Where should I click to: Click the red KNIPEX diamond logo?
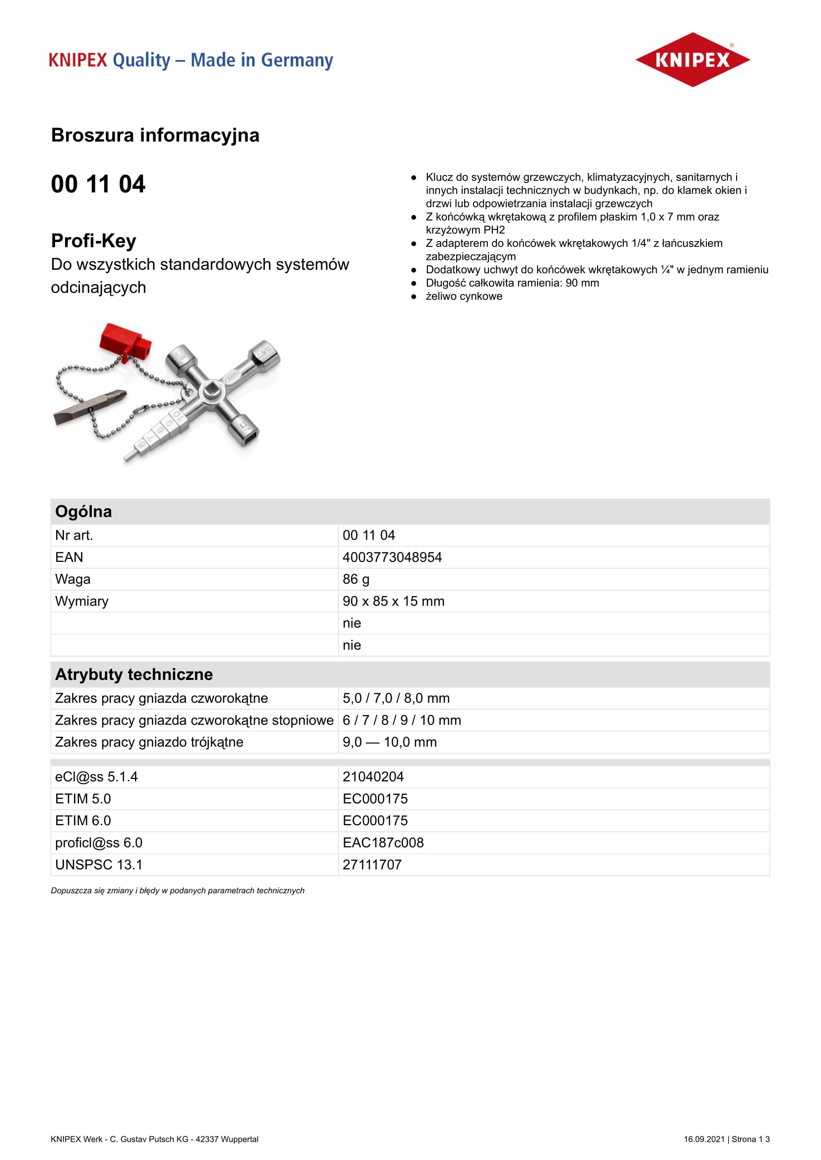tap(692, 60)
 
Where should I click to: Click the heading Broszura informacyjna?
tap(155, 135)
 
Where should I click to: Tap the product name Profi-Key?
tap(93, 241)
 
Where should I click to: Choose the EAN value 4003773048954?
tap(392, 557)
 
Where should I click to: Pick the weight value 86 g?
tap(356, 579)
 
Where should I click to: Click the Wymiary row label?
tap(81, 601)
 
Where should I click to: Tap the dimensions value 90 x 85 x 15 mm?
tap(393, 601)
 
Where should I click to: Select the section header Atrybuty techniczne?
tap(134, 674)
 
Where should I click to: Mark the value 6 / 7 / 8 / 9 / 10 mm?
tap(402, 720)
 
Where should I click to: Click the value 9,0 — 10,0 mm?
tap(389, 742)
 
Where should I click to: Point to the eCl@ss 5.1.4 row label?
tap(96, 777)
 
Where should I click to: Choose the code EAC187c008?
tap(383, 843)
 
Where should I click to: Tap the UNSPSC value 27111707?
tap(372, 864)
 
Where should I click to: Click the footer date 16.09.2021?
tap(704, 1139)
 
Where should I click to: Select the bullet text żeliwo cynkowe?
tap(464, 297)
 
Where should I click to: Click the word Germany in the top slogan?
tap(297, 61)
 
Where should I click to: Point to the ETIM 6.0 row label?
tap(83, 820)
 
